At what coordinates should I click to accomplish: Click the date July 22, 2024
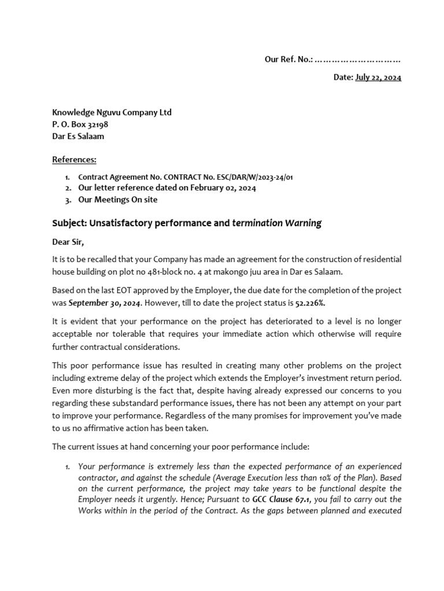coord(378,77)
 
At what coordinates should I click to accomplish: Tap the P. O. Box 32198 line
coord(80,125)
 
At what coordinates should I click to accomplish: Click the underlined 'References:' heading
coord(75,159)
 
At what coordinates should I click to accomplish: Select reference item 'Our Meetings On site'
coord(117,200)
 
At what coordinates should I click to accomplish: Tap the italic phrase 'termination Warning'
coord(276,223)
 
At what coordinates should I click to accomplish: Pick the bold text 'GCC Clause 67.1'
coord(282,499)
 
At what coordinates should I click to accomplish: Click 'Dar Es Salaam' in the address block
coord(79,137)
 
